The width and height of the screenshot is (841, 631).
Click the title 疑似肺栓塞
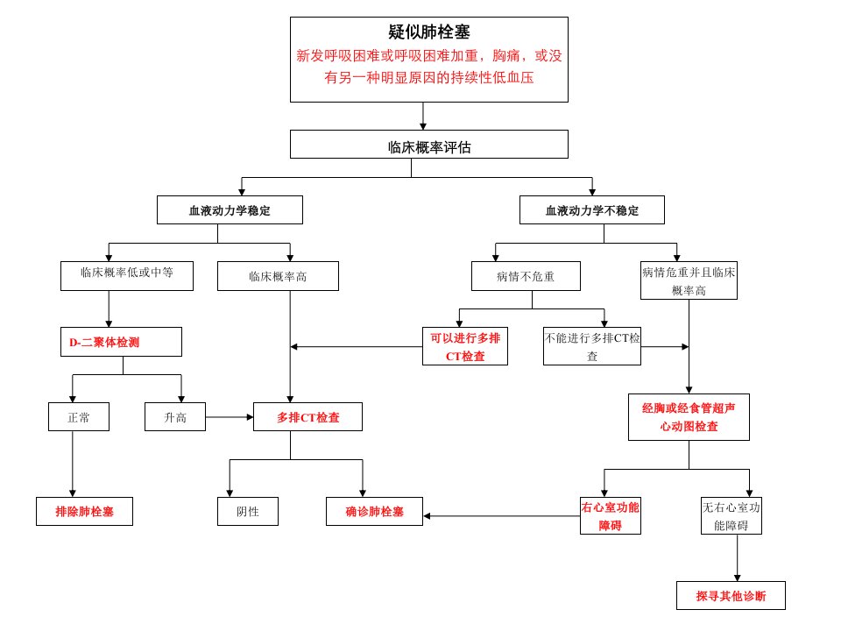point(429,32)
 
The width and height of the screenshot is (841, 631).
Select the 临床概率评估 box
point(429,144)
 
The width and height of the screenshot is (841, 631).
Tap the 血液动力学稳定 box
point(230,209)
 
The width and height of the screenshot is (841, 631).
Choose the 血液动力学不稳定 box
point(592,209)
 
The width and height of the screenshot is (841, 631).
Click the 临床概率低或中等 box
point(127,276)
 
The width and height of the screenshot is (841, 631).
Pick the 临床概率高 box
point(278,276)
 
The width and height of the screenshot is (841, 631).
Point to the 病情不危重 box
point(526,276)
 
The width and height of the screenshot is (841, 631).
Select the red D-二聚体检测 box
point(121,342)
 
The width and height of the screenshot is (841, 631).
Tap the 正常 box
point(79,417)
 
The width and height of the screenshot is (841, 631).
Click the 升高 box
point(175,417)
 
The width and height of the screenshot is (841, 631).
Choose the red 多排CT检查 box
point(307,417)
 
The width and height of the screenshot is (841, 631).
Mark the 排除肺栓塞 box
point(85,511)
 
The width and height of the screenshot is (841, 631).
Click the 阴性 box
point(248,511)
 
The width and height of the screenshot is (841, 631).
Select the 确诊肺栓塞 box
point(374,511)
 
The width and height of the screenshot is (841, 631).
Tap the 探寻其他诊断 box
point(731,596)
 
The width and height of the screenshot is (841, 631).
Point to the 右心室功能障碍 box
point(611,515)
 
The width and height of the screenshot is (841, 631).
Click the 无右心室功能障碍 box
point(731,515)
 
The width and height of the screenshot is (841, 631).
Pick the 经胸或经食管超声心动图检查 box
point(689,417)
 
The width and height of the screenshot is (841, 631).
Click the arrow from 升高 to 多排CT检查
point(230,417)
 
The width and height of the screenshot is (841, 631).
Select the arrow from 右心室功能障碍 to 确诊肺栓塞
point(501,516)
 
